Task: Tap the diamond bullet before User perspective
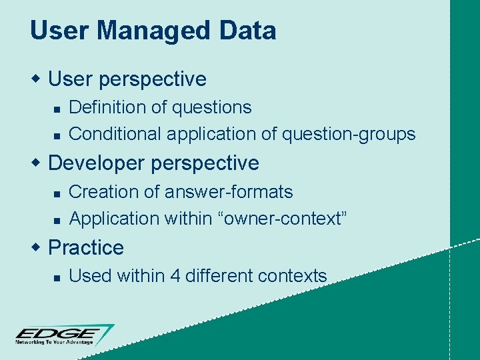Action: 37,79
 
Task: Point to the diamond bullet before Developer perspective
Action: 37,163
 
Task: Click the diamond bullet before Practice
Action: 37,247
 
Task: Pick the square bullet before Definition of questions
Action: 57,108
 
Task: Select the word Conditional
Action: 115,134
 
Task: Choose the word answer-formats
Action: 229,192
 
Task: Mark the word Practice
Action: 86,247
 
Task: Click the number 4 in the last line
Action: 175,275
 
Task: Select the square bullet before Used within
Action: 57,277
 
